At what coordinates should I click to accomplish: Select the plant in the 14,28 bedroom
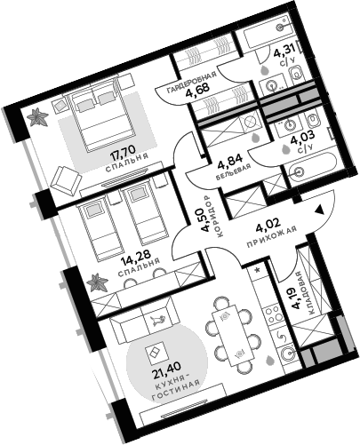point(95,284)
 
